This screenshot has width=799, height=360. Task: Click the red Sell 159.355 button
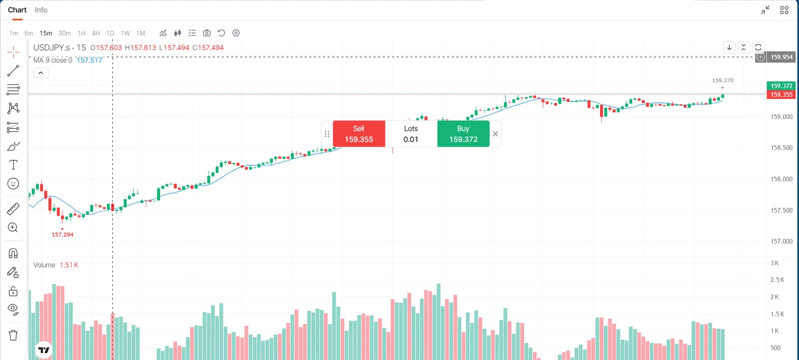click(x=359, y=134)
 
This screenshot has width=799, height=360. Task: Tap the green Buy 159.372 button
click(x=463, y=134)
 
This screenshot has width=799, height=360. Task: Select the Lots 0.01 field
click(x=411, y=134)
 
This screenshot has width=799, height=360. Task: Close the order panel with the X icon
click(x=495, y=134)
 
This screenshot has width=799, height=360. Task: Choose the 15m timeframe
click(x=45, y=33)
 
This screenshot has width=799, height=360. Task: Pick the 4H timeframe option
click(x=95, y=33)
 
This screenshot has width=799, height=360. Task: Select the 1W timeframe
click(x=125, y=33)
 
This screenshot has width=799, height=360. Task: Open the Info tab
click(x=41, y=10)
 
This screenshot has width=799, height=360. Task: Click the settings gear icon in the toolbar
click(x=236, y=33)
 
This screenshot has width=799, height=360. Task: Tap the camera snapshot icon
click(x=207, y=33)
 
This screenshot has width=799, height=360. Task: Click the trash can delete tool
click(x=13, y=335)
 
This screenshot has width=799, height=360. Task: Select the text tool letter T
click(x=13, y=165)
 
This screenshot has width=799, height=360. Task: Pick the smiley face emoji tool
click(x=13, y=184)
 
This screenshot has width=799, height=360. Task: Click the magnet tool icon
click(x=13, y=253)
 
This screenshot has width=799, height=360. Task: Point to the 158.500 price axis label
click(x=782, y=148)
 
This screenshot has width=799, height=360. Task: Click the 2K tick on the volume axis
click(x=775, y=297)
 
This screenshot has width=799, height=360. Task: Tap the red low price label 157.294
click(x=62, y=234)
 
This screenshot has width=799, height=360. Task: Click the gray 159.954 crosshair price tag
click(x=781, y=57)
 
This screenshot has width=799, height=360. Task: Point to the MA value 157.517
click(x=89, y=60)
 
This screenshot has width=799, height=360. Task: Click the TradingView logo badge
click(x=44, y=350)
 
